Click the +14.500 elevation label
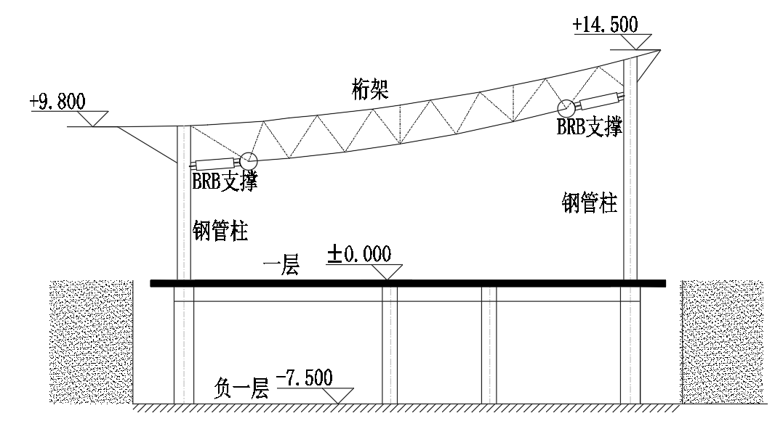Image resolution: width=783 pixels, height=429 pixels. click(605, 24)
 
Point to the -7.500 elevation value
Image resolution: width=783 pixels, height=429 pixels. click(305, 378)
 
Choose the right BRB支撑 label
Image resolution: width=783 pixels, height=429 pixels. click(589, 127)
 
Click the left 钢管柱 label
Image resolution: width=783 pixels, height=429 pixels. click(220, 232)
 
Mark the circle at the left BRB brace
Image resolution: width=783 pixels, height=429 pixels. click(249, 160)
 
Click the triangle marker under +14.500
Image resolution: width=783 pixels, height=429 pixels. click(637, 42)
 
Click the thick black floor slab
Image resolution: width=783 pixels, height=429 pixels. click(407, 283)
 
